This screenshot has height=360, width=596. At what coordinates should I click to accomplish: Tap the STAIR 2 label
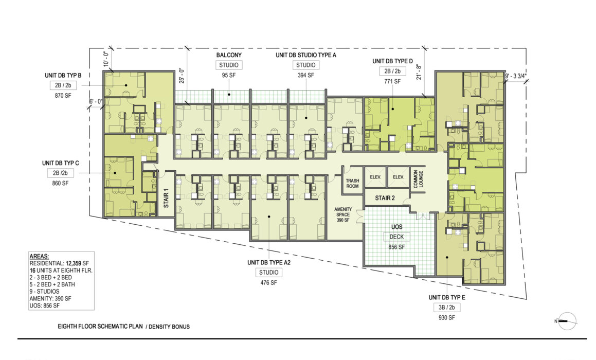pyautogui.click(x=385, y=198)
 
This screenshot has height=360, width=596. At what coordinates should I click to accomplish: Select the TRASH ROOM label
pyautogui.click(x=352, y=184)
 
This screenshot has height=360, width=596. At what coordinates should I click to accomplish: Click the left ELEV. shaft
pyautogui.click(x=375, y=177)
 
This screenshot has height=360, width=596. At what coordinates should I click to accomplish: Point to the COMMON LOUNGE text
pyautogui.click(x=418, y=178)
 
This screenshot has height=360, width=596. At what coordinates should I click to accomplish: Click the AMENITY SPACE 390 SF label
pyautogui.click(x=343, y=214)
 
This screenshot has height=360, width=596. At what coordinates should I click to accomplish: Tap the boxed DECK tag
pyautogui.click(x=396, y=237)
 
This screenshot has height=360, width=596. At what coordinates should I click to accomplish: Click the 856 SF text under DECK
pyautogui.click(x=396, y=247)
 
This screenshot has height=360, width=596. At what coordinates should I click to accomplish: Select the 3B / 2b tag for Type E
pyautogui.click(x=446, y=308)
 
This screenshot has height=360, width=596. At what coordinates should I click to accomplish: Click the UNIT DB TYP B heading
pyautogui.click(x=63, y=75)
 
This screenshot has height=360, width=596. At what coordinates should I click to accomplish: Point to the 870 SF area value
pyautogui.click(x=63, y=96)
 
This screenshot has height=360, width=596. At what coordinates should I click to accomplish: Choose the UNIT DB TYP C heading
pyautogui.click(x=61, y=163)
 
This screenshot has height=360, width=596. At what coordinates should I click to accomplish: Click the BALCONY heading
pyautogui.click(x=229, y=55)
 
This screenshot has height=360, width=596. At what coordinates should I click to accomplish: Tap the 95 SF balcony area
pyautogui.click(x=229, y=75)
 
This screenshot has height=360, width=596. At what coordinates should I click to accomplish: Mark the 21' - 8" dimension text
pyautogui.click(x=419, y=72)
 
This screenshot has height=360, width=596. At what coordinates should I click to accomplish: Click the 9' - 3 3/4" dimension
pyautogui.click(x=515, y=76)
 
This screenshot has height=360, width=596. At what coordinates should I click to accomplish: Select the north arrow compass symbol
pyautogui.click(x=567, y=321)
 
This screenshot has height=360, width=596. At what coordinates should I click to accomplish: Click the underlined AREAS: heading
pyautogui.click(x=39, y=257)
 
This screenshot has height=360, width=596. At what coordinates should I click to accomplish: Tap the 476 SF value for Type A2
pyautogui.click(x=269, y=283)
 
